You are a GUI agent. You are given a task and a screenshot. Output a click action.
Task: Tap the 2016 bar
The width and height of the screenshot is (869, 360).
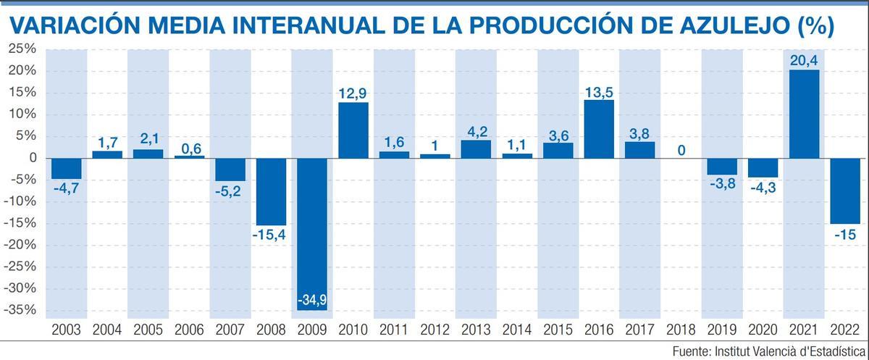(x=599, y=129)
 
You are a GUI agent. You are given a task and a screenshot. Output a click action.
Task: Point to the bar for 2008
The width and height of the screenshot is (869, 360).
(x=271, y=191)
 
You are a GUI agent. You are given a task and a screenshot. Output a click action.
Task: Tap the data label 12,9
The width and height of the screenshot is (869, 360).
(x=353, y=93)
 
